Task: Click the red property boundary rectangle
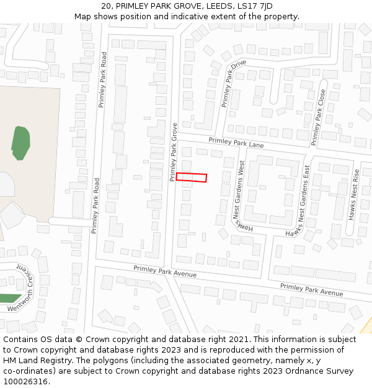pyautogui.click(x=191, y=178)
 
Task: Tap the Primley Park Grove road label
pyautogui.click(x=174, y=152)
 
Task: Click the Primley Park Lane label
pyautogui.click(x=236, y=143)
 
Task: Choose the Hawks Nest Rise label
pyautogui.click(x=355, y=195)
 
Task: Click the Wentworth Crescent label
pyautogui.click(x=24, y=289)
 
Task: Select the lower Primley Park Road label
pyautogui.click(x=95, y=205)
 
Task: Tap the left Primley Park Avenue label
pyautogui.click(x=165, y=271)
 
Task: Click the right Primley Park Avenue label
pyautogui.click(x=311, y=289)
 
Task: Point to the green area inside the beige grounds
pyautogui.click(x=20, y=142)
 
